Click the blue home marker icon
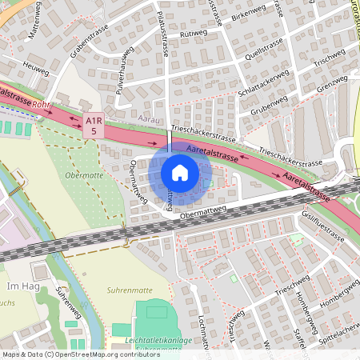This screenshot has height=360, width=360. (x=180, y=173)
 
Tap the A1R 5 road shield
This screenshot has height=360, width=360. (x=95, y=125)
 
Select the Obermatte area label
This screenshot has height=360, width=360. (x=82, y=174)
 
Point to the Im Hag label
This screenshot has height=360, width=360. (x=17, y=286)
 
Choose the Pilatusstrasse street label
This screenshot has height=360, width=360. (x=164, y=37)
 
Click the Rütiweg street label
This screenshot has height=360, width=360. (x=194, y=35)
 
